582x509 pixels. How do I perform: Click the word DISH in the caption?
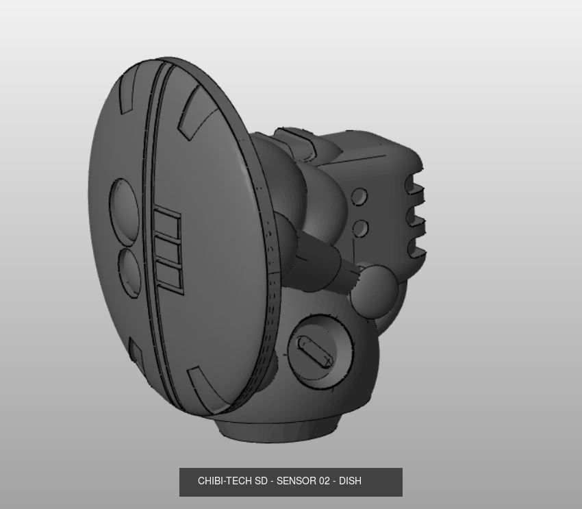click(350, 481)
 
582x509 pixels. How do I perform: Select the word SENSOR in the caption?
click(296, 481)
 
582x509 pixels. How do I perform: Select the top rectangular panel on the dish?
click(166, 224)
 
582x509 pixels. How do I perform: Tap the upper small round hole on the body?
click(359, 197)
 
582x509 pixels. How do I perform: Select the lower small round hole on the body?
click(360, 228)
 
